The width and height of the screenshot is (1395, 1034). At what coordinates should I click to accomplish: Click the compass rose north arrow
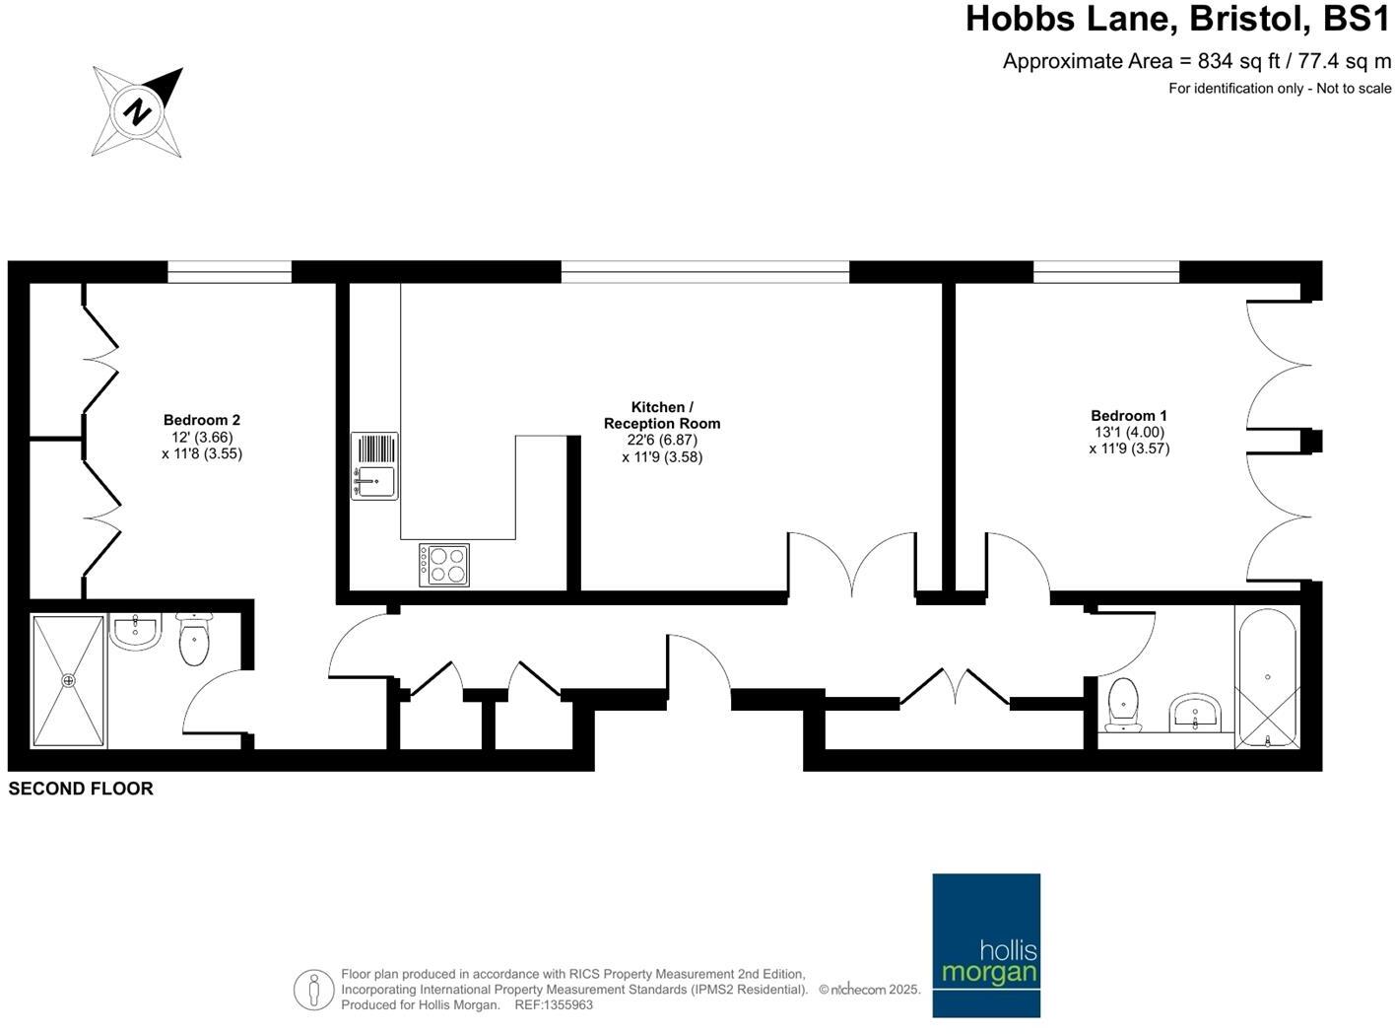coord(138,111)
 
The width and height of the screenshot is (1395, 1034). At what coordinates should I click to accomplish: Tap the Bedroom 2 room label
coord(202,420)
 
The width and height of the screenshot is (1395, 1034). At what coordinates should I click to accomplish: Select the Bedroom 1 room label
coord(1129,416)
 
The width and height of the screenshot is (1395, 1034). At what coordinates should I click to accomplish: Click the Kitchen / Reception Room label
coord(662,415)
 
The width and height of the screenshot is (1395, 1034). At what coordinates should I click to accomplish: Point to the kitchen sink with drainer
coord(374,466)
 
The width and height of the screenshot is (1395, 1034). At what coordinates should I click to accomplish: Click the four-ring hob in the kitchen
coord(444,565)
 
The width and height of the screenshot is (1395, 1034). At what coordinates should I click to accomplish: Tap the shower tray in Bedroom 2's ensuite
coord(69,680)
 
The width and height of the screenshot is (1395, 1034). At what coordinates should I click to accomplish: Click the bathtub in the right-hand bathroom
coord(1267,678)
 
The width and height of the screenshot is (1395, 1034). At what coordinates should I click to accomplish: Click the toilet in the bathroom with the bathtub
coord(1124,705)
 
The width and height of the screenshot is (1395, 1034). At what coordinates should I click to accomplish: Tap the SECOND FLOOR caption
coord(81,789)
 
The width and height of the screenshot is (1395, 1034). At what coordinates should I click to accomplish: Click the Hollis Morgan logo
coord(986,944)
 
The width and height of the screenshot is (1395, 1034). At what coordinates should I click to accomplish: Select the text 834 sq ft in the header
coord(1237,61)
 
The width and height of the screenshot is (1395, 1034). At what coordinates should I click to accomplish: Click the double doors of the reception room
coord(852,565)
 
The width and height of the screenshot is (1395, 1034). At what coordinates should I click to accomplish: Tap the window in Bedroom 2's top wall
coord(230,272)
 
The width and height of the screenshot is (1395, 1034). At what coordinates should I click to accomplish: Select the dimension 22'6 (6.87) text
coord(662,441)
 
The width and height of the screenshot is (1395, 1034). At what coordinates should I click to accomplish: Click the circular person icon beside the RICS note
coord(313,989)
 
